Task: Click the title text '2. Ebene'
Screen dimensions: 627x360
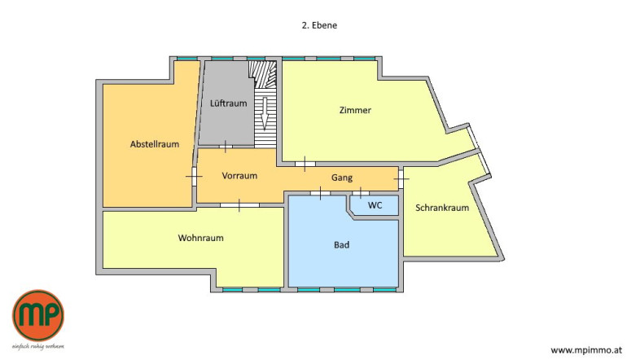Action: tap(319, 25)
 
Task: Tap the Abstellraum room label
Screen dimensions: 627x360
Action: tap(155, 144)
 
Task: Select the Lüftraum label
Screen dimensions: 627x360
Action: tap(228, 103)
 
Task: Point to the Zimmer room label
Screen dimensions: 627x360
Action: tap(355, 110)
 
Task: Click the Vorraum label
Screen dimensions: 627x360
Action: tap(239, 176)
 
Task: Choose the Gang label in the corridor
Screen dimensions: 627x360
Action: tap(342, 178)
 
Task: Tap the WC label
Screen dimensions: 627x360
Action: tap(375, 205)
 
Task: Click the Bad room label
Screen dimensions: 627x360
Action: tap(341, 244)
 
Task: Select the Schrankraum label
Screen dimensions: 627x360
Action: tap(442, 208)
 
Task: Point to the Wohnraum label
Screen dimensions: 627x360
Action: tap(201, 238)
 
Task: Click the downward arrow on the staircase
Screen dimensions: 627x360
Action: tap(264, 113)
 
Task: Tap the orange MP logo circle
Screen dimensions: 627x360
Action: tap(38, 315)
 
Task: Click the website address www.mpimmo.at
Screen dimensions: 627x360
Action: tap(586, 350)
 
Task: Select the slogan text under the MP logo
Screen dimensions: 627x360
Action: tap(38, 346)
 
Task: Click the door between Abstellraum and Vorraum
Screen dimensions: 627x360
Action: tap(194, 176)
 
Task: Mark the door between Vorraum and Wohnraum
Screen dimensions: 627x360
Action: tap(239, 205)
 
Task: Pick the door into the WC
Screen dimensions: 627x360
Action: tap(361, 193)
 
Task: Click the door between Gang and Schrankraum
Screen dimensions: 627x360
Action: tap(401, 178)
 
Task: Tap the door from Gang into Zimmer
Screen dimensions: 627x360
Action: tap(305, 164)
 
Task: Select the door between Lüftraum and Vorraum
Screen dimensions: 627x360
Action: tap(226, 147)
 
